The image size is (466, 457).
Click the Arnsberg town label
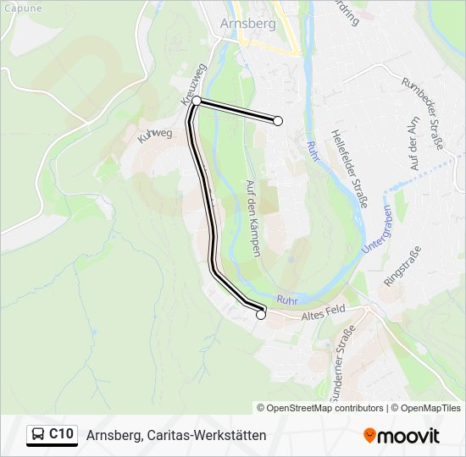(247, 24)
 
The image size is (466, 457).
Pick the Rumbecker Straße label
(423, 111)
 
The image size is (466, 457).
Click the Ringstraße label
(402, 265)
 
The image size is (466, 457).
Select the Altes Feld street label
(323, 315)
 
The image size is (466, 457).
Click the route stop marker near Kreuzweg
(197, 101)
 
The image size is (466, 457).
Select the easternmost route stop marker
(278, 121)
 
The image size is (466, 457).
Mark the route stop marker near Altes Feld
(260, 315)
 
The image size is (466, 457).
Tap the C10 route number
(61, 435)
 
